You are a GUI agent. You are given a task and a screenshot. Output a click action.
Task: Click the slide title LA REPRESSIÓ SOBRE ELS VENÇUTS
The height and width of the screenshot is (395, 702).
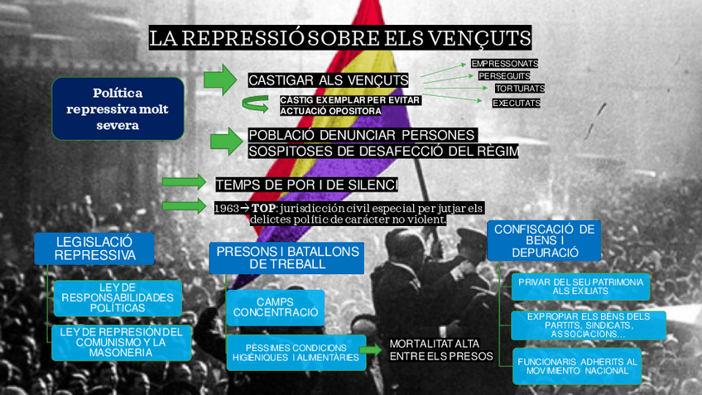point(339,38)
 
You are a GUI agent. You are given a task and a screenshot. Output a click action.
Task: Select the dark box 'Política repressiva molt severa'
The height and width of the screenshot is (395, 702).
point(118,108)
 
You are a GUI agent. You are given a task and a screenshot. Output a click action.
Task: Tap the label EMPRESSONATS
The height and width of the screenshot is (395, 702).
point(504,63)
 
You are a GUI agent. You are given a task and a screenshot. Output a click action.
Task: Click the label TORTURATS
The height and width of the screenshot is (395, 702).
point(519,88)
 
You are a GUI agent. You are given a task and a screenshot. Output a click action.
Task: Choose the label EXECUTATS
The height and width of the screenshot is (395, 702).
point(516,104)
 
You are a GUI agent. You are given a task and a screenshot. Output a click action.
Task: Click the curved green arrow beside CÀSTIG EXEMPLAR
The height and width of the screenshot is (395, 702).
point(256,104)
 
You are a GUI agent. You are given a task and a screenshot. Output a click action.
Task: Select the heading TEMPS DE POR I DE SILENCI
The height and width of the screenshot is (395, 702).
point(306,184)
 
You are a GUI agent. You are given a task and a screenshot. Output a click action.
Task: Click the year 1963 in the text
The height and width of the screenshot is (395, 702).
point(226,208)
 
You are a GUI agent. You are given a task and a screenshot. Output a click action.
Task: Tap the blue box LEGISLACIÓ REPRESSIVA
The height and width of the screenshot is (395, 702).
point(94,248)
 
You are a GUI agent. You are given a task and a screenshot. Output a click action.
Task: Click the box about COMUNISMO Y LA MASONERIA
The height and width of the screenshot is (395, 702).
point(121,341)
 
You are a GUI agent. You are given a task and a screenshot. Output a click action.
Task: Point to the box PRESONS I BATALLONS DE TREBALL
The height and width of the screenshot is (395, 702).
point(286,258)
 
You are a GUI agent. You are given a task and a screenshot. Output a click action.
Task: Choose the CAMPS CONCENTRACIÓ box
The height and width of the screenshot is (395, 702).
point(275,307)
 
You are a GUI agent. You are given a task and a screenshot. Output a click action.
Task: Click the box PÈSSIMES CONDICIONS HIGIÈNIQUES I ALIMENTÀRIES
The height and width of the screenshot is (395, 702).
point(296,352)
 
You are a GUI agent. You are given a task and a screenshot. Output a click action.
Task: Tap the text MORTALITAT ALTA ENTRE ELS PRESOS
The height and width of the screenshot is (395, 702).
point(440,349)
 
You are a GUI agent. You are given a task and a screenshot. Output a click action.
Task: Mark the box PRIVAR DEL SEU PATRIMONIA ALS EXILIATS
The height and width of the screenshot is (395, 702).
point(579,287)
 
